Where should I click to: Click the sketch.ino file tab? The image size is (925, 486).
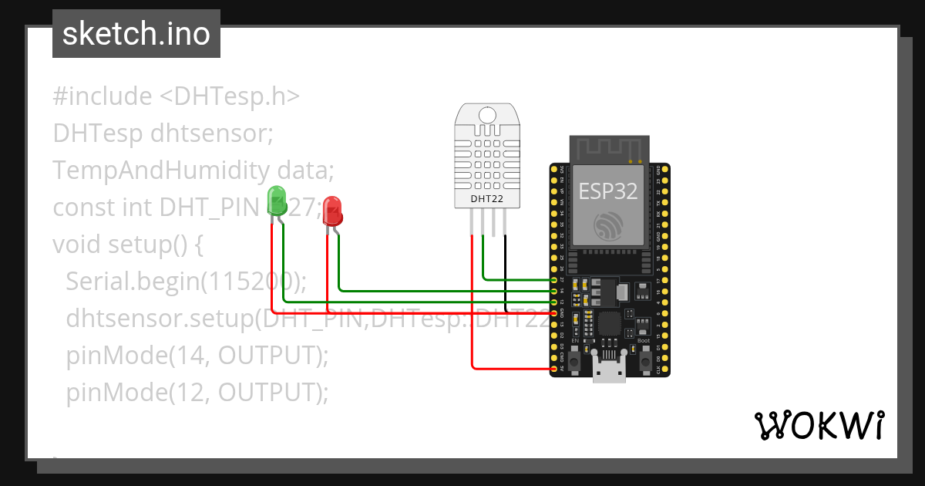pyautogui.click(x=136, y=34)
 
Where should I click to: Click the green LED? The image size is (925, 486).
pyautogui.click(x=276, y=201)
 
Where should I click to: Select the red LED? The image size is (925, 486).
pyautogui.click(x=332, y=211)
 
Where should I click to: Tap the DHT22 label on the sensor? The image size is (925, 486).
pyautogui.click(x=486, y=199)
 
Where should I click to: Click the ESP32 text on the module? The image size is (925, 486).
pyautogui.click(x=608, y=191)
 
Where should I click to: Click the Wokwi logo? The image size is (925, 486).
pyautogui.click(x=818, y=424)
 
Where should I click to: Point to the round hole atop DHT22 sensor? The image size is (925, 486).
pyautogui.click(x=486, y=116)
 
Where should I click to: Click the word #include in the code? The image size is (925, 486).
pyautogui.click(x=103, y=96)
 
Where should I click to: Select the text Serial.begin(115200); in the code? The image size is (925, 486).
pyautogui.click(x=186, y=282)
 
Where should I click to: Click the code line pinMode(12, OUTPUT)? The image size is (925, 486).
pyautogui.click(x=197, y=393)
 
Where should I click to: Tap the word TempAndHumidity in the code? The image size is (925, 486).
pyautogui.click(x=161, y=170)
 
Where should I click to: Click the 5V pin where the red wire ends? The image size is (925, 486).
pyautogui.click(x=555, y=370)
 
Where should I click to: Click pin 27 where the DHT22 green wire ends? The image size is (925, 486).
pyautogui.click(x=555, y=278)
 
